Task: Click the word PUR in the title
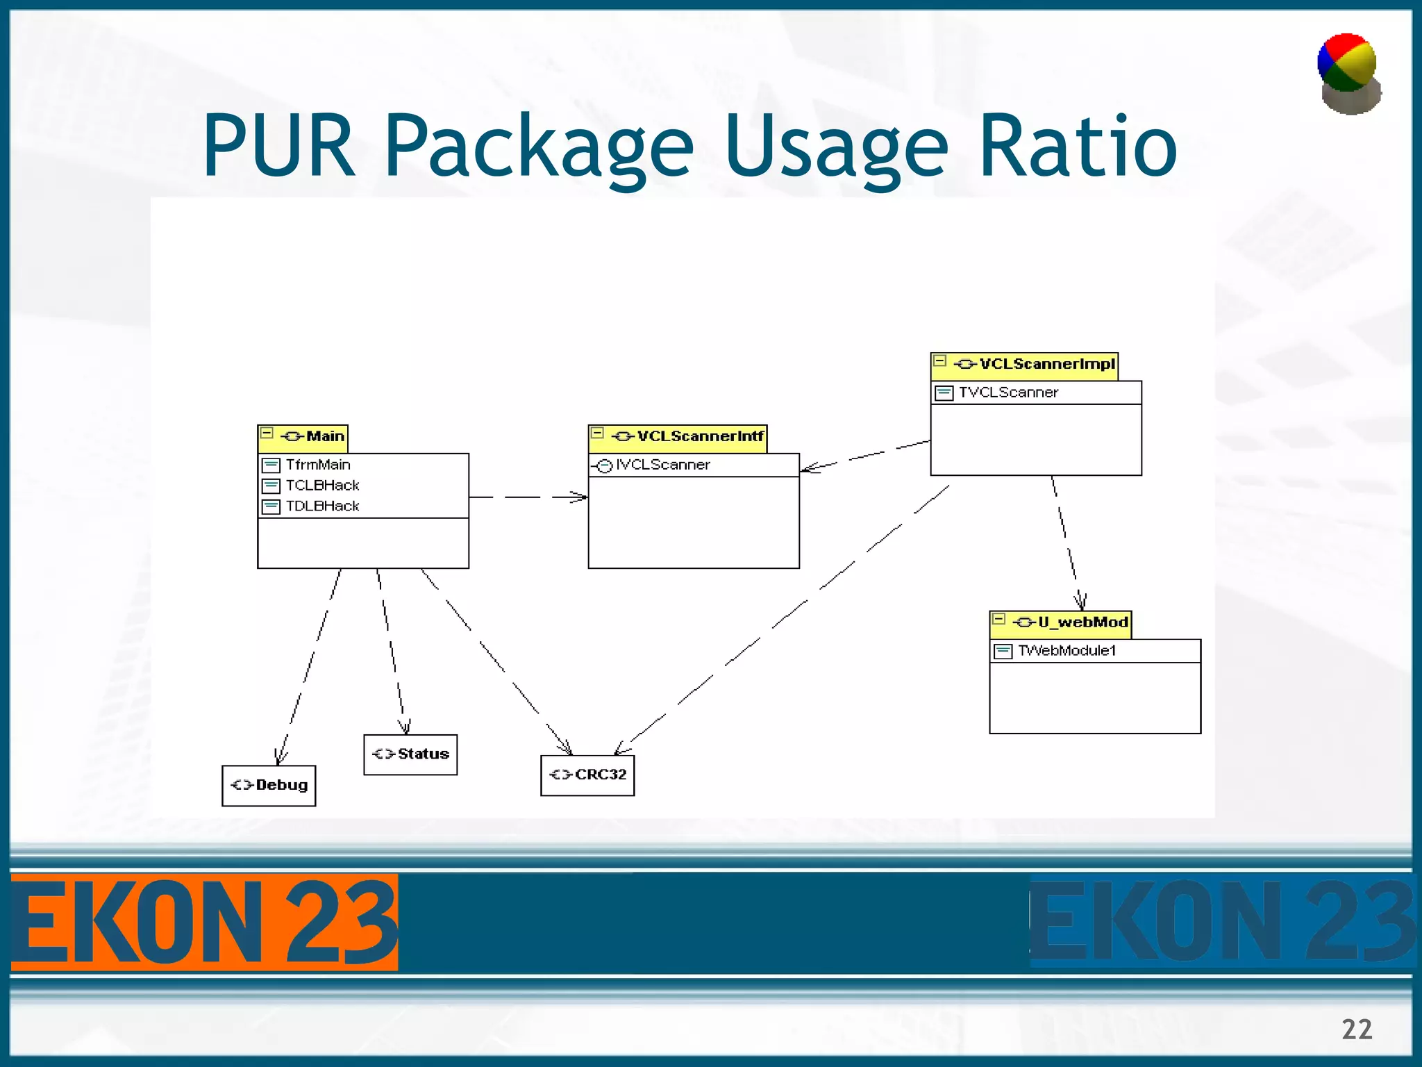pyautogui.click(x=278, y=147)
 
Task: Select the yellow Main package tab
pyautogui.click(x=303, y=437)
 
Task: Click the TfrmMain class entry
pyautogui.click(x=317, y=465)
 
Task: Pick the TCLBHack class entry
pyautogui.click(x=321, y=486)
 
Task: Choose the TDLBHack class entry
pyautogui.click(x=321, y=506)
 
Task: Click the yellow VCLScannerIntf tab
pyautogui.click(x=678, y=437)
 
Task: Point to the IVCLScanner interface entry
pyautogui.click(x=662, y=465)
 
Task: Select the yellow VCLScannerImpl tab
pyautogui.click(x=1024, y=365)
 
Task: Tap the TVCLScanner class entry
pyautogui.click(x=1007, y=392)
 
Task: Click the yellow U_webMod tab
pyautogui.click(x=1060, y=622)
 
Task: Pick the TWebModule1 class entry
pyautogui.click(x=1066, y=651)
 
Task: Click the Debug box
pyautogui.click(x=269, y=786)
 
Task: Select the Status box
pyautogui.click(x=410, y=754)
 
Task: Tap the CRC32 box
pyautogui.click(x=587, y=775)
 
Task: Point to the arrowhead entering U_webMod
pyautogui.click(x=1080, y=602)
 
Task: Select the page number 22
pyautogui.click(x=1357, y=1029)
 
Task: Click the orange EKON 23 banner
pyautogui.click(x=204, y=922)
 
